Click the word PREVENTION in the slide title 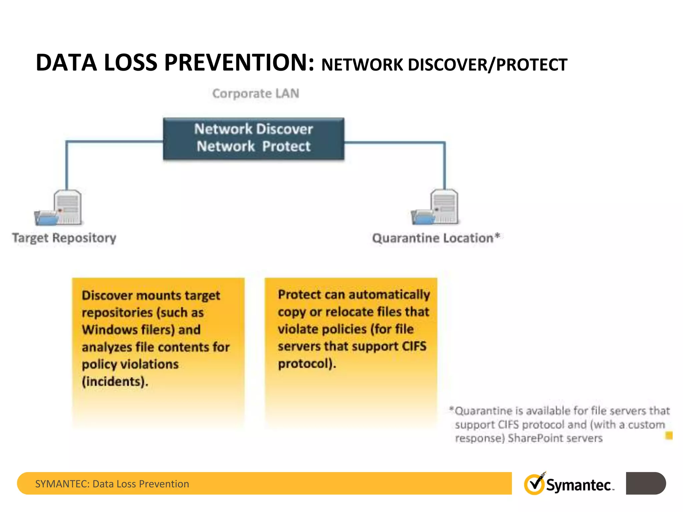tap(239, 63)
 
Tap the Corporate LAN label tap(256, 94)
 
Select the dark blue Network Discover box tap(253, 138)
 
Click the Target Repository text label tap(64, 238)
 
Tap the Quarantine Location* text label tap(436, 238)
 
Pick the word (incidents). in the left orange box tap(115, 382)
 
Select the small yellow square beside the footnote tap(669, 435)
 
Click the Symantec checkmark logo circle tap(534, 484)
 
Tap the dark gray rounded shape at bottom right tap(646, 483)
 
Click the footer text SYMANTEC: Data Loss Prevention tap(112, 484)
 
